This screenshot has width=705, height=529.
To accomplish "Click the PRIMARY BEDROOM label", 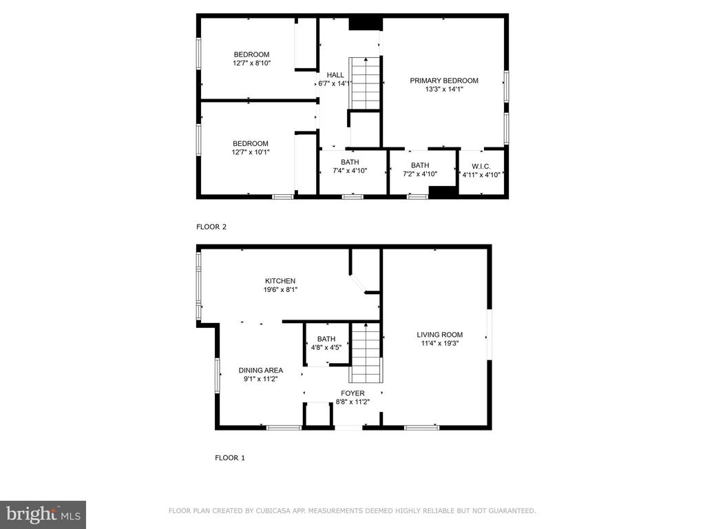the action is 444,81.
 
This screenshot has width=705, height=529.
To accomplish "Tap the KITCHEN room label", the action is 280,281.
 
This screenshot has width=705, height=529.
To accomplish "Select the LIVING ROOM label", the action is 439,335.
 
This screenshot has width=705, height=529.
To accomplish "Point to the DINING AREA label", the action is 261,370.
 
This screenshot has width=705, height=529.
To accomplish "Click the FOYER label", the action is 352,393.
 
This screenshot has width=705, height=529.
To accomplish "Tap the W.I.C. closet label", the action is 481,167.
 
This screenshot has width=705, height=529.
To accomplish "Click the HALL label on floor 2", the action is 335,75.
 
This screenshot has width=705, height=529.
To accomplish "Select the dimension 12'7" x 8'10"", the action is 252,63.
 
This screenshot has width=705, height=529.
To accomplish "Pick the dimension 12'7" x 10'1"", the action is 251,152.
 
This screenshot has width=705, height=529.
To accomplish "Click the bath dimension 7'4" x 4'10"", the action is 350,171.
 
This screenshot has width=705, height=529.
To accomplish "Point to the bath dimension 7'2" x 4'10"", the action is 420,174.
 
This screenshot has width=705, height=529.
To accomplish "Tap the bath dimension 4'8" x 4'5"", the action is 326,347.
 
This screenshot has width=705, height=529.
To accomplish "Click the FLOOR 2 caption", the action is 211,227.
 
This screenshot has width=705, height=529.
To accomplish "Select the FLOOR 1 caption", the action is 230,458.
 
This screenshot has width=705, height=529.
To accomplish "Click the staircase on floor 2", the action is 365,83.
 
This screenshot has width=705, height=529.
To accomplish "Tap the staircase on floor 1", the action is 366,353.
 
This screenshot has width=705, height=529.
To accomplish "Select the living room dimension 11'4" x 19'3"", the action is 440,344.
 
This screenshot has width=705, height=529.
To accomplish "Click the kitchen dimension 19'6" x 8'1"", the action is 281,290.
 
